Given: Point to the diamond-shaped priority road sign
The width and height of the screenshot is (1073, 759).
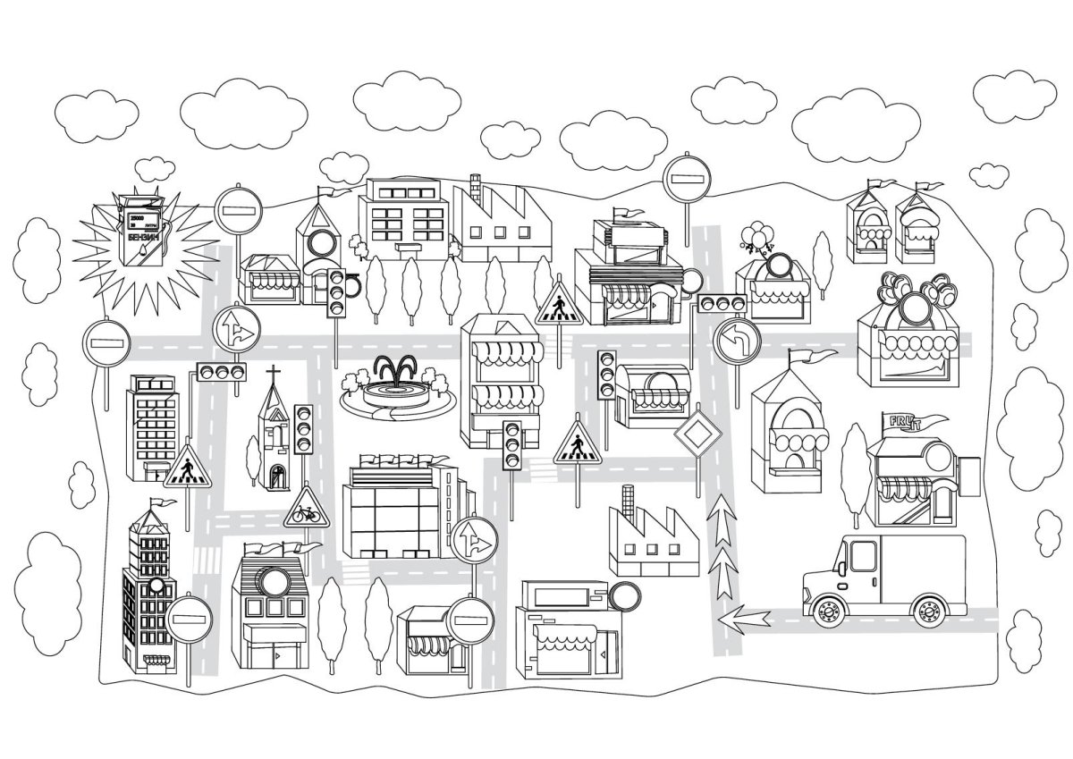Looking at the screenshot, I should pos(697,436).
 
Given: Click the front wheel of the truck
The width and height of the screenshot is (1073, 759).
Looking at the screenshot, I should pos(828,610).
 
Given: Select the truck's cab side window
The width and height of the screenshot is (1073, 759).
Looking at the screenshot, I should pos(862,557).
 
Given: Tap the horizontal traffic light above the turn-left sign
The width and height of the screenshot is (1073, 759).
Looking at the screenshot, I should pos(722,303).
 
